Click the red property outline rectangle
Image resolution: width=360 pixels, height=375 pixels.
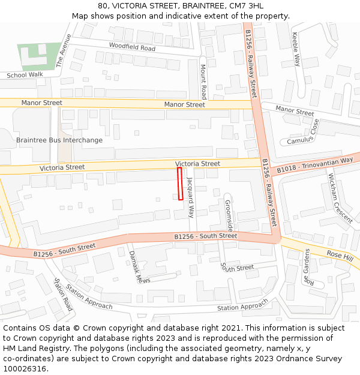tap(180, 184)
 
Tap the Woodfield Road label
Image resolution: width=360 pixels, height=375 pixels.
tap(132, 47)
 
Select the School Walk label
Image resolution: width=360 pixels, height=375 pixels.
tap(25, 75)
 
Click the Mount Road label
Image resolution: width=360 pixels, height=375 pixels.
tap(203, 82)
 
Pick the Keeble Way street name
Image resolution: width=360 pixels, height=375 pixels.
tap(296, 49)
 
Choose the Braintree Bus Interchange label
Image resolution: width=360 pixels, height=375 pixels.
tap(59, 140)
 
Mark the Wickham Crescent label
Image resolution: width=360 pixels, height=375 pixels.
tap(340, 197)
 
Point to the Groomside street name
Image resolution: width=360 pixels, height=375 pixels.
tap(229, 215)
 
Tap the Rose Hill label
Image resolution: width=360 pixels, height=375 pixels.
tap(340, 255)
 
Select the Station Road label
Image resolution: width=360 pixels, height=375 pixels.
tap(63, 295)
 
